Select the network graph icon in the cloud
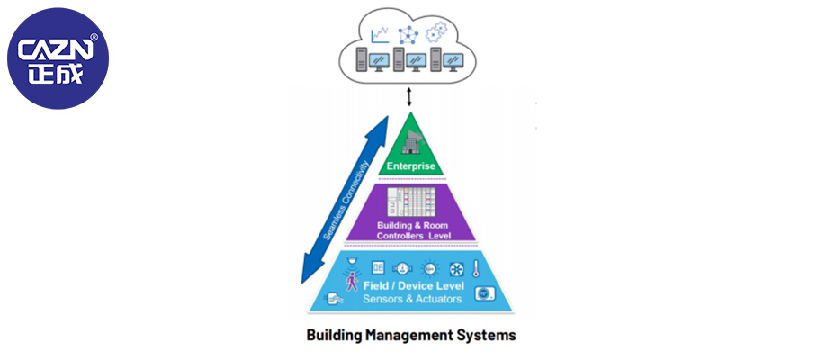[409, 34]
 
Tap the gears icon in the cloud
[437, 33]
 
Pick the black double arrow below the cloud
[409, 96]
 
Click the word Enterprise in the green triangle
[410, 166]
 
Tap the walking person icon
[352, 282]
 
